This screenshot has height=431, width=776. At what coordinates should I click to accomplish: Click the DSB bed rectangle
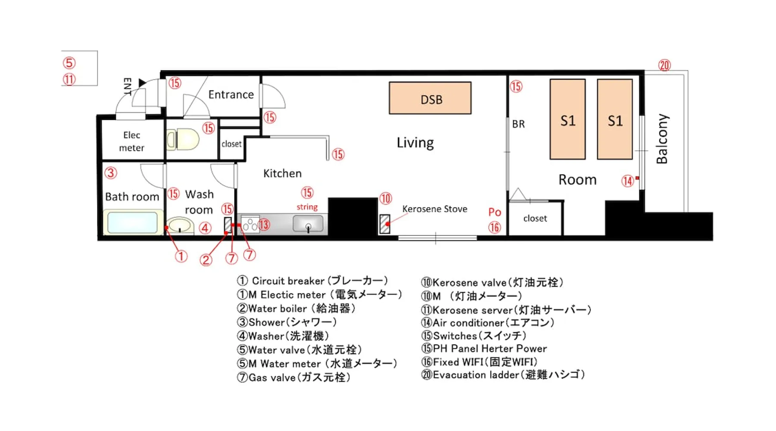[430, 98]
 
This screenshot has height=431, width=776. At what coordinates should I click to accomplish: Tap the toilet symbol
[183, 140]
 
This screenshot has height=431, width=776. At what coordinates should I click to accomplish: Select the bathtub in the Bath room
[133, 222]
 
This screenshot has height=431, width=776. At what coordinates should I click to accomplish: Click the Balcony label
[662, 139]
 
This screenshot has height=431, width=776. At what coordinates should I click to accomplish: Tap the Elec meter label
[131, 141]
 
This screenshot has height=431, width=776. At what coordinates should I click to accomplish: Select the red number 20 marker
[664, 65]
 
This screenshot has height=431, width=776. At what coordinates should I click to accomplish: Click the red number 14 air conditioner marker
[627, 181]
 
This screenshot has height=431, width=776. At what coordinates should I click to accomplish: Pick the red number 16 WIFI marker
[494, 227]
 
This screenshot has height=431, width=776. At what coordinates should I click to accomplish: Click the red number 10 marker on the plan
[385, 198]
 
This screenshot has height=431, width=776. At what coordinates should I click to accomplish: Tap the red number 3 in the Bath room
[111, 173]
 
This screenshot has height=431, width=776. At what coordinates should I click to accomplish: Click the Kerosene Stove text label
[435, 209]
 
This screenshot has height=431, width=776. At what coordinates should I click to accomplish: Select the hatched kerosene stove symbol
[385, 224]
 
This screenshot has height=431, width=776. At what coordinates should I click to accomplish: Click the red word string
[307, 207]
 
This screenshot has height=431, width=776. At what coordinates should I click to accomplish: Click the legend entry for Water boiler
[296, 309]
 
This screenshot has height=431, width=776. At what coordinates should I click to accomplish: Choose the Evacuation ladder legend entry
[503, 375]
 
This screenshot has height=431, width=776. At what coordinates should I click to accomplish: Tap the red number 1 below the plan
[181, 256]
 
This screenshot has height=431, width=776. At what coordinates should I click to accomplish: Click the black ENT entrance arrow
[142, 82]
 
